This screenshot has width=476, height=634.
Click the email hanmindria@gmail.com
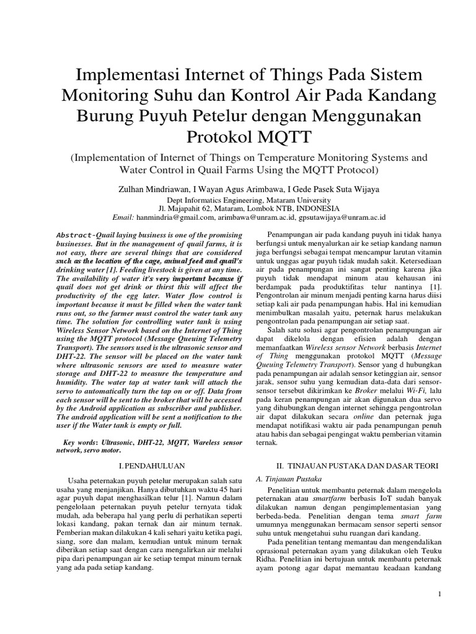[x=175, y=217]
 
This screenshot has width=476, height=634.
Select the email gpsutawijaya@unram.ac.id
[x=342, y=217]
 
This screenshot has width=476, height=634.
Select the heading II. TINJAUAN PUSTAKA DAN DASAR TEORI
[x=348, y=463]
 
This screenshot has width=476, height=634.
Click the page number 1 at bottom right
[x=439, y=593]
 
